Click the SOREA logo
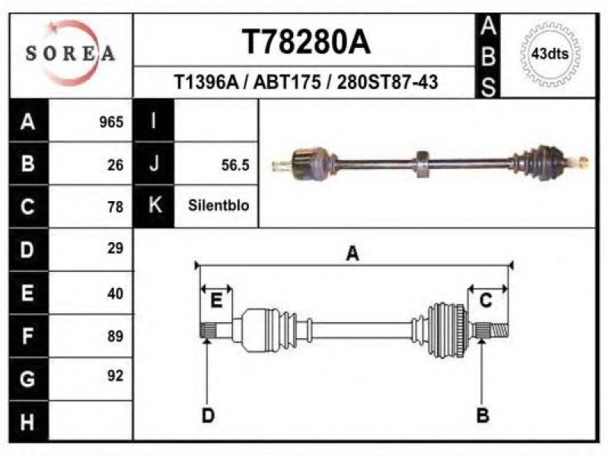pyautogui.click(x=70, y=53)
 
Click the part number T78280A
pyautogui.click(x=307, y=42)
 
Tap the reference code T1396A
pyautogui.click(x=206, y=82)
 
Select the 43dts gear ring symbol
pyautogui.click(x=550, y=53)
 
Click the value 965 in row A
pyautogui.click(x=111, y=122)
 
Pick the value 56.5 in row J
pyautogui.click(x=235, y=165)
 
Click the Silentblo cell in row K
pyautogui.click(x=218, y=205)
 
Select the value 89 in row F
pyautogui.click(x=116, y=336)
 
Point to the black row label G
pyautogui.click(x=28, y=379)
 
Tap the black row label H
pyautogui.click(x=28, y=422)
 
